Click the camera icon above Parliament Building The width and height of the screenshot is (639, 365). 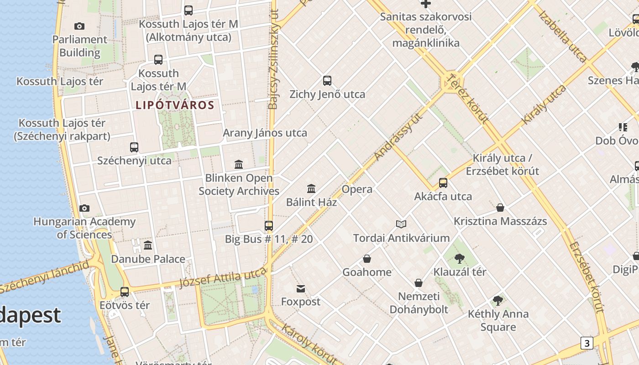click(x=79, y=26)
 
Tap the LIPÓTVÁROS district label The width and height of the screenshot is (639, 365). click(x=175, y=105)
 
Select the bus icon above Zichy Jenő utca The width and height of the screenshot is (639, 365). click(x=327, y=81)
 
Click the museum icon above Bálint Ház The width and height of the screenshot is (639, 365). click(x=311, y=188)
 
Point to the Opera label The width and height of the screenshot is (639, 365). click(x=357, y=189)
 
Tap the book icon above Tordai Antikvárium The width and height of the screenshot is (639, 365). click(x=401, y=224)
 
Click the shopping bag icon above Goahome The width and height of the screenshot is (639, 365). click(x=367, y=259)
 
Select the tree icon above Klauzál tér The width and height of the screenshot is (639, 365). click(x=460, y=259)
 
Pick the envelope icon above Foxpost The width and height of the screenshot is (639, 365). click(x=301, y=288)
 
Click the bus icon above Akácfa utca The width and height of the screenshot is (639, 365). click(x=443, y=183)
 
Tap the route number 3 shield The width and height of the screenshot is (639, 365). click(x=587, y=343)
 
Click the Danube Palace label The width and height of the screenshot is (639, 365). click(x=148, y=259)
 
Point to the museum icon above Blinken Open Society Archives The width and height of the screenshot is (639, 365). click(x=239, y=164)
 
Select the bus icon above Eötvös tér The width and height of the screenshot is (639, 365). click(x=125, y=292)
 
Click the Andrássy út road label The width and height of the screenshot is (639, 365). click(x=398, y=136)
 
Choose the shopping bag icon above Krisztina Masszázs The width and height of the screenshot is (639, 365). click(x=500, y=208)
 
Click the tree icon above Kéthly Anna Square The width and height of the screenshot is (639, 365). click(x=498, y=301)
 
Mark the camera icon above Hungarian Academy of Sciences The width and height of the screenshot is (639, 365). click(x=84, y=209)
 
